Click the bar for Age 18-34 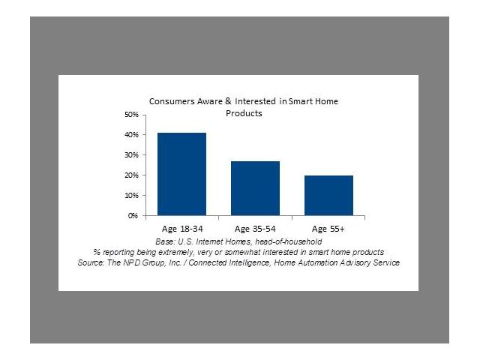pos(181,174)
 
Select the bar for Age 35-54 pos(255,188)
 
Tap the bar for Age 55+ pos(328,195)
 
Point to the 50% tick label pos(132,115)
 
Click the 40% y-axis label pos(132,135)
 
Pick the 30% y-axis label pos(132,155)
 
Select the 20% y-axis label pos(132,175)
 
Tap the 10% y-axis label pos(132,196)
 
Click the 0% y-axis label pos(133,216)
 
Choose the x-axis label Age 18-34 pos(182,229)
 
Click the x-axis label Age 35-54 pos(255,229)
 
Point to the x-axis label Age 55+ pos(328,229)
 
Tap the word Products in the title pos(244,113)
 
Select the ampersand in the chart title pos(228,101)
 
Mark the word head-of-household pos(288,241)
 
